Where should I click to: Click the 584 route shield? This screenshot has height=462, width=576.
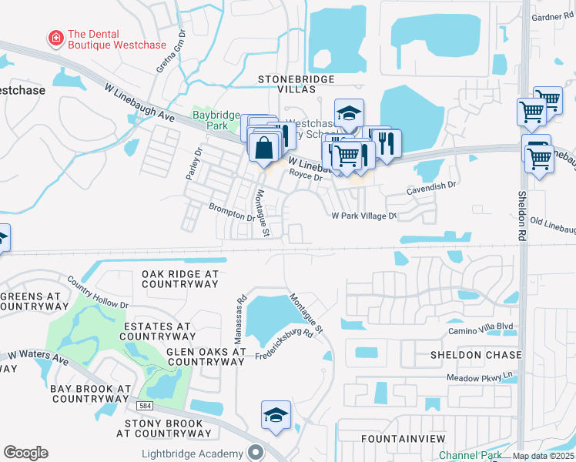tap(145, 405)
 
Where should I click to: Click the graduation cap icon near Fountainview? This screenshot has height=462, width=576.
tap(276, 416)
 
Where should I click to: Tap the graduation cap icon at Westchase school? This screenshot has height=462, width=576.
tap(348, 113)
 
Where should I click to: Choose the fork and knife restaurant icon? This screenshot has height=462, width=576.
tap(387, 142)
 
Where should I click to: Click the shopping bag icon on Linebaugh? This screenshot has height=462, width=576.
tap(263, 146)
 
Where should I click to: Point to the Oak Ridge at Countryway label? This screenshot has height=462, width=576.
tap(180, 279)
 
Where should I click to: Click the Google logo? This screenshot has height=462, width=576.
tap(25, 452)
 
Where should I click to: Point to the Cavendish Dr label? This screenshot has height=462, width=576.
tap(432, 185)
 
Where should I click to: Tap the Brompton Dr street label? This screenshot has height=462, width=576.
tap(231, 210)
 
